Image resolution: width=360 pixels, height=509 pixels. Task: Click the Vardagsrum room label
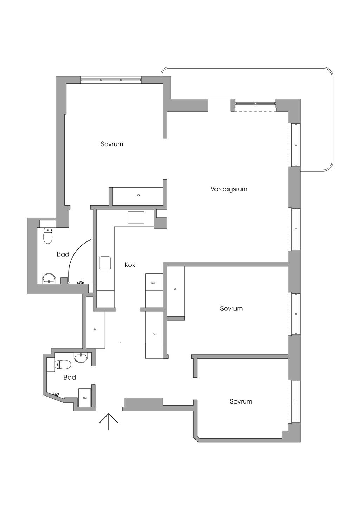click(x=229, y=189)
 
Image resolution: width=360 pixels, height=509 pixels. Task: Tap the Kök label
click(x=130, y=265)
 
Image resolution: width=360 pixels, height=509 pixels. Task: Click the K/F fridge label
click(x=154, y=283)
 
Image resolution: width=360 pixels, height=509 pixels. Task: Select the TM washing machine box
click(x=85, y=398)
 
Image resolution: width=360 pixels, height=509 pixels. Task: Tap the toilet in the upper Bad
click(x=48, y=236)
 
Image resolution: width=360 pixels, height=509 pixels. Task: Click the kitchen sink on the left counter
click(x=105, y=263)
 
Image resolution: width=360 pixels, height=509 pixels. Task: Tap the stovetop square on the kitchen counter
click(x=136, y=217)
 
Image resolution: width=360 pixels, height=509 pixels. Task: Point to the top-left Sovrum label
click(x=112, y=144)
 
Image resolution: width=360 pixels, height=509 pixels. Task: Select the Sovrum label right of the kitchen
click(x=231, y=308)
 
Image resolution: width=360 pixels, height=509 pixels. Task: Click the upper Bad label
click(x=63, y=254)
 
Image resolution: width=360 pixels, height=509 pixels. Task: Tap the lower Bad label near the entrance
click(x=70, y=378)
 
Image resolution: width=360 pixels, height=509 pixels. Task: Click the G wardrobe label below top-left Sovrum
click(x=139, y=195)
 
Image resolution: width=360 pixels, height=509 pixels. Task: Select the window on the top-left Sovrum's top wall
click(x=111, y=80)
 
